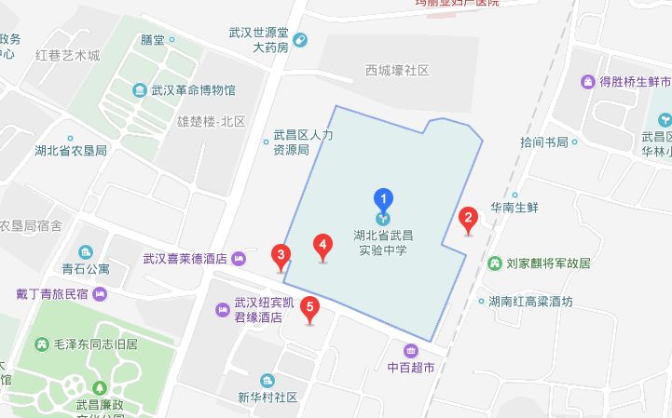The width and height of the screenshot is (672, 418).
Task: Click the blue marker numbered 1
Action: (x=383, y=198)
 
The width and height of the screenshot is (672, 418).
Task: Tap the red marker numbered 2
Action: (x=469, y=220)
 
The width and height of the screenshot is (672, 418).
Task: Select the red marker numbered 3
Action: (x=280, y=254)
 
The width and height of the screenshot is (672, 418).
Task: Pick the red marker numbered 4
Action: (x=322, y=246)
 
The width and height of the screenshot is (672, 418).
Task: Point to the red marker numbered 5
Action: (x=310, y=308)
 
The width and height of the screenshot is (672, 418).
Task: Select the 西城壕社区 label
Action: (x=397, y=71)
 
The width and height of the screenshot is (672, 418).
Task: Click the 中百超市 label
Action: (x=411, y=367)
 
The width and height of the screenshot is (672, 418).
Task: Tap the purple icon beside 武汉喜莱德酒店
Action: (x=240, y=258)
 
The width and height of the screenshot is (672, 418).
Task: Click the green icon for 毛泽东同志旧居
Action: (x=41, y=344)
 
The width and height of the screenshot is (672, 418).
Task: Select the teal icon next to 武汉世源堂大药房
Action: (x=300, y=39)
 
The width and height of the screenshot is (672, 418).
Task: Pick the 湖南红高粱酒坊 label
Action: (x=536, y=302)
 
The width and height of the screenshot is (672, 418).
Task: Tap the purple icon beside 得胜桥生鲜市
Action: (x=588, y=82)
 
